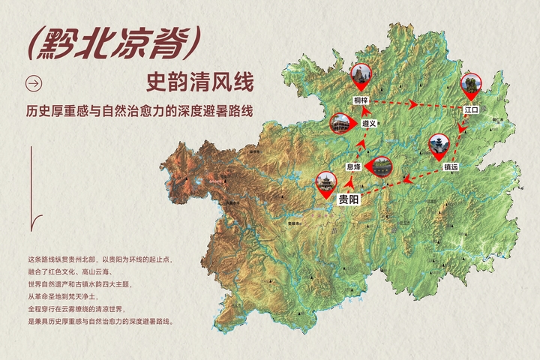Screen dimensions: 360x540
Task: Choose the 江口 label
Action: tap(471, 109)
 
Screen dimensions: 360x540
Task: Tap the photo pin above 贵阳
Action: tap(326, 182)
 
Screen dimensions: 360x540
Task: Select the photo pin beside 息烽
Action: tap(382, 166)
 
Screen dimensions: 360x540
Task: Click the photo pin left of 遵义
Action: tap(341, 123)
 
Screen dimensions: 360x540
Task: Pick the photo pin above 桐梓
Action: tap(361, 76)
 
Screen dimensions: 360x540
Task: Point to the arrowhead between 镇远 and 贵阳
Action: tap(404, 178)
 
